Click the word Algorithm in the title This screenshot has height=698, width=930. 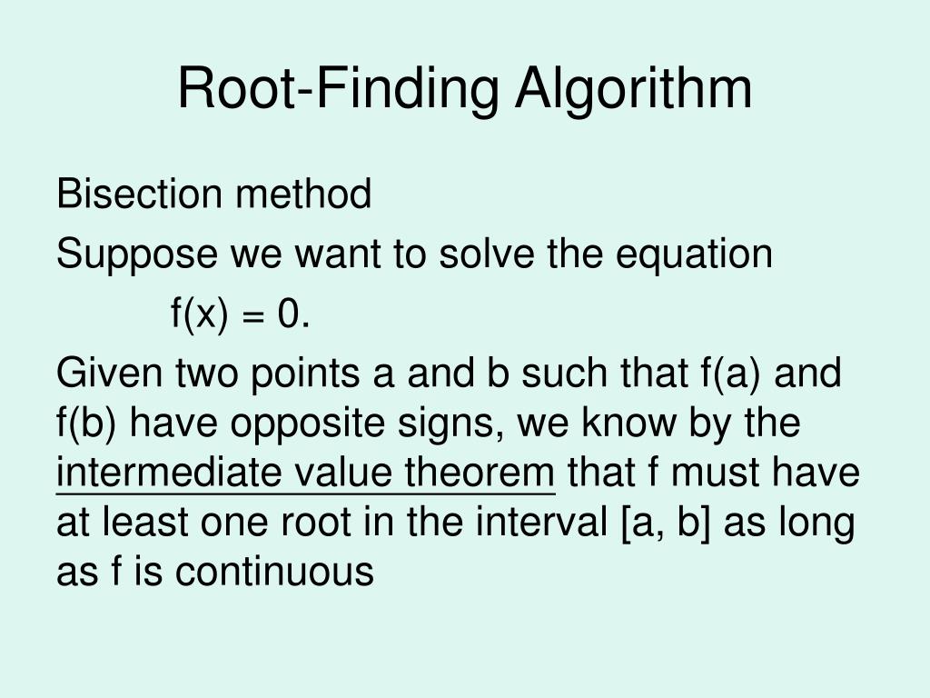pos(633,90)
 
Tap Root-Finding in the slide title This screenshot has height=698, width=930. pos(338,90)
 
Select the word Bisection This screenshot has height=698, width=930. pos(139,194)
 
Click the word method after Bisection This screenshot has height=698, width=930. pos(303,194)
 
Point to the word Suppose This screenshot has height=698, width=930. pos(137,255)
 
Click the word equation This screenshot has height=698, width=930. pos(694,255)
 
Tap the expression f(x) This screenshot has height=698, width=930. pos(199,314)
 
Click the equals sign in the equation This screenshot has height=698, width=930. pos(252,315)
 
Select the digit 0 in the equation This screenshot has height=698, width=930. pos(288,314)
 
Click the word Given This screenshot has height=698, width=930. pos(110,373)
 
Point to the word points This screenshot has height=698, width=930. pos(305,374)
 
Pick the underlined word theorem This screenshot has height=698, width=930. pos(480,473)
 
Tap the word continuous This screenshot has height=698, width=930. pos(274,572)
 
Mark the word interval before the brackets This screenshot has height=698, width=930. pos(541,523)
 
